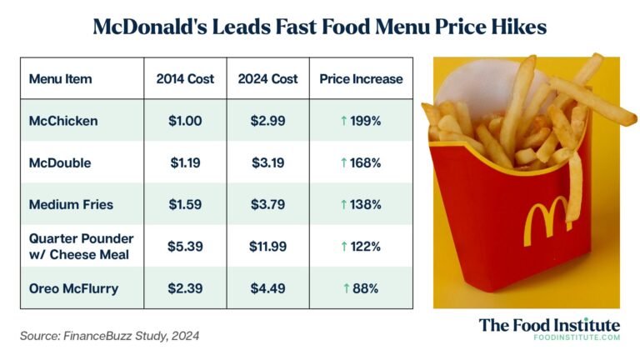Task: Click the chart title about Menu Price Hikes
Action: [x=319, y=27]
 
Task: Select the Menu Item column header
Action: [x=60, y=79]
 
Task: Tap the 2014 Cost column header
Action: [x=185, y=79]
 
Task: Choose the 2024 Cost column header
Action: [x=267, y=79]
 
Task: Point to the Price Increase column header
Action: [x=361, y=79]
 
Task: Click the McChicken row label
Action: [x=63, y=121]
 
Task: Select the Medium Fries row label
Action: [x=70, y=204]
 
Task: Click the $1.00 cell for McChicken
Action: [x=185, y=121]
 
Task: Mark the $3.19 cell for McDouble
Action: [x=267, y=162]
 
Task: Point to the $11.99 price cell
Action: [x=267, y=247]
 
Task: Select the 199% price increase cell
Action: [x=361, y=121]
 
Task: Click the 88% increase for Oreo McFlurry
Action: [x=361, y=288]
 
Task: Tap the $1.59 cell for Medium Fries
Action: [x=185, y=204]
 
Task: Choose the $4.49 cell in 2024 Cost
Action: [x=267, y=288]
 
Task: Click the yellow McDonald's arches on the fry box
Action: [x=546, y=219]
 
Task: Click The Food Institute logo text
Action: [x=549, y=324]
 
